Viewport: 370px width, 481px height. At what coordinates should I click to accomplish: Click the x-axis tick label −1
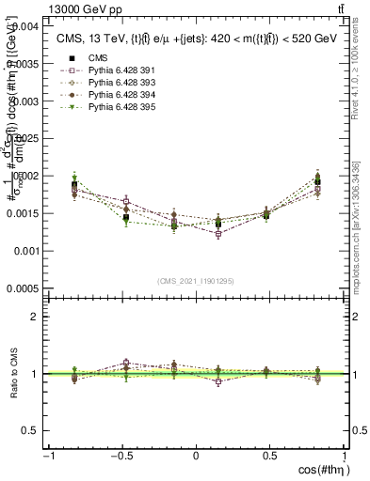pyautogui.click(x=47, y=455)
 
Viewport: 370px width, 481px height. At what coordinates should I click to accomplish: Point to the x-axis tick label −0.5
pyautogui.click(x=120, y=455)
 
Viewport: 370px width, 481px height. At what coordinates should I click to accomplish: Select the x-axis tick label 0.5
pyautogui.click(x=270, y=455)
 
